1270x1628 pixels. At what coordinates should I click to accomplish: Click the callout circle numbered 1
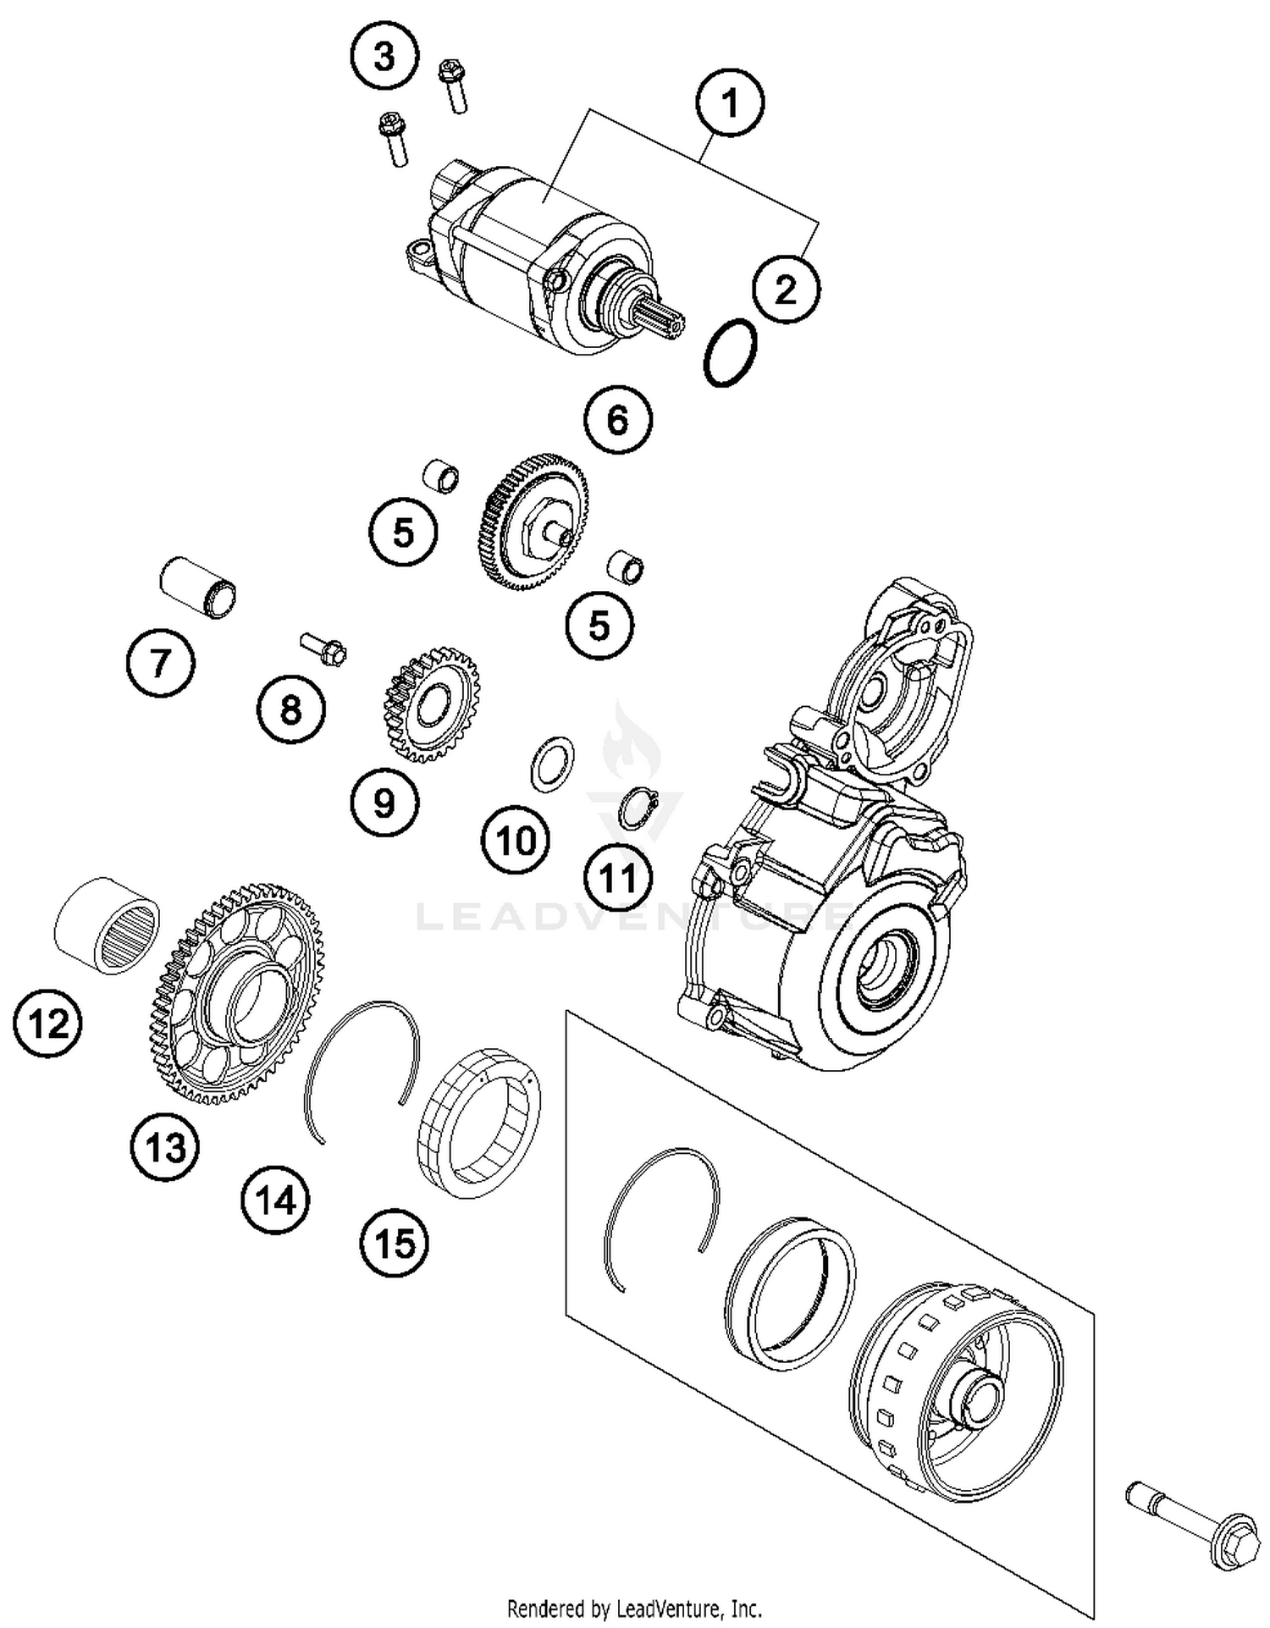729,102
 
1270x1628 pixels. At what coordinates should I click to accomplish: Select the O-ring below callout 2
730,352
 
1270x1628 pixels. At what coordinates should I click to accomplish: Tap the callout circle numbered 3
384,58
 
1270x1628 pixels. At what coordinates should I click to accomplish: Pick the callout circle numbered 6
618,420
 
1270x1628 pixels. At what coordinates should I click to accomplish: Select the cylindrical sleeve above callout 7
197,586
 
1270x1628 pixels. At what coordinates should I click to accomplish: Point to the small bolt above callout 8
325,650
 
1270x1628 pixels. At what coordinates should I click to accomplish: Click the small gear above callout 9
432,703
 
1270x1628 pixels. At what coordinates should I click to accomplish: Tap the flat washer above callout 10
552,763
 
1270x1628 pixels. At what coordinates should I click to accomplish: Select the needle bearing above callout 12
108,925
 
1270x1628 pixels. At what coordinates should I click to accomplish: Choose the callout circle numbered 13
164,1149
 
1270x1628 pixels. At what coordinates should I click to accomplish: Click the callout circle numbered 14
276,1200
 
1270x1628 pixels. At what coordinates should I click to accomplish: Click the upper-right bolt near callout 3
453,86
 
